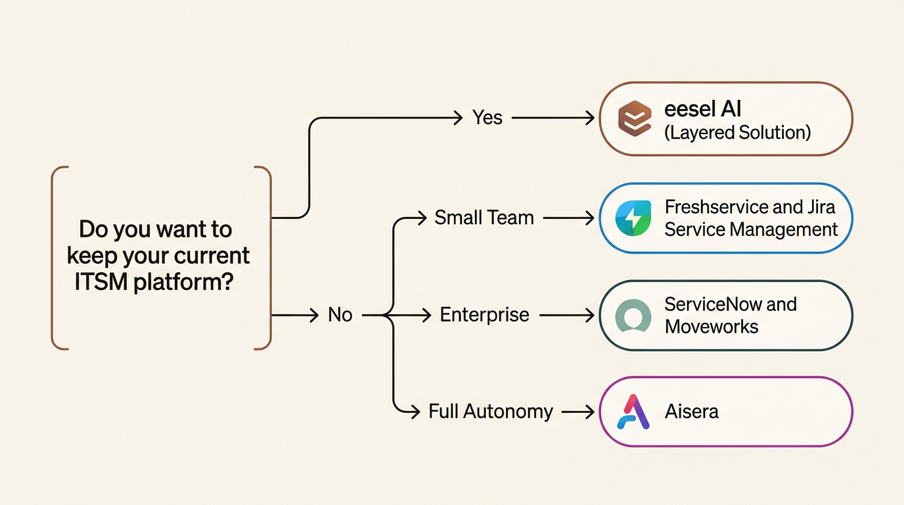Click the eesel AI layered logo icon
635,119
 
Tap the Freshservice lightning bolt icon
633,218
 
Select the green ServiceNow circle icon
633,316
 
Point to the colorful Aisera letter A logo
634,412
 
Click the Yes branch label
487,118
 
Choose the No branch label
340,316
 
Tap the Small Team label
484,218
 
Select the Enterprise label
484,316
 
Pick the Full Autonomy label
491,412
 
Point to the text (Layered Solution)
738,133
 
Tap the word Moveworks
712,327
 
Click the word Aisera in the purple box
692,412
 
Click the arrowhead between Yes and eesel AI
589,118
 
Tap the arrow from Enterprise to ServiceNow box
566,316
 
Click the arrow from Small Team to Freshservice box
569,218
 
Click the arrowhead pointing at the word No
315,316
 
